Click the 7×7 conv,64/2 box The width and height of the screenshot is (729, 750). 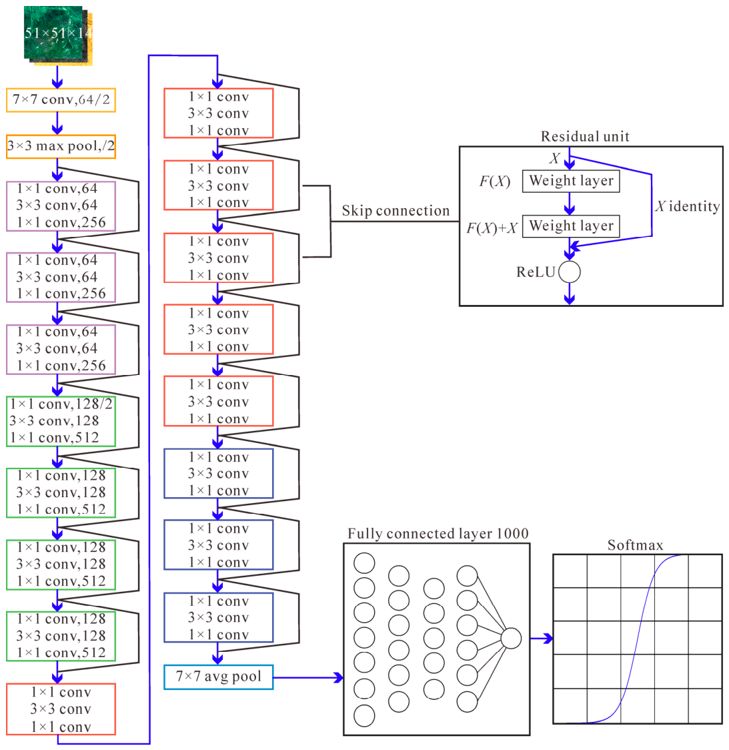click(x=61, y=100)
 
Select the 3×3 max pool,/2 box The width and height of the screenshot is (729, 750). click(x=61, y=146)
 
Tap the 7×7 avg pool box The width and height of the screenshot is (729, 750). click(x=219, y=677)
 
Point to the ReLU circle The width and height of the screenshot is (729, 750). click(x=570, y=272)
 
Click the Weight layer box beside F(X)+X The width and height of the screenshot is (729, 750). click(x=571, y=226)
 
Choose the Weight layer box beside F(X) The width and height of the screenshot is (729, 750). click(x=571, y=181)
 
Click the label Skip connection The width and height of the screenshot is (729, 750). click(x=396, y=210)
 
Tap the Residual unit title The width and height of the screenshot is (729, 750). click(x=585, y=136)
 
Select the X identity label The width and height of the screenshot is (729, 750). click(x=688, y=206)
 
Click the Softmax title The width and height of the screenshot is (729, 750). click(x=636, y=544)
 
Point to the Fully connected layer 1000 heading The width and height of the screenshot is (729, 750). click(x=438, y=533)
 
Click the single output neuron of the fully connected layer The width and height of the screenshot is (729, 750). click(x=511, y=638)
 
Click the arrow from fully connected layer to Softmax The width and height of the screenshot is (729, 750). click(x=542, y=638)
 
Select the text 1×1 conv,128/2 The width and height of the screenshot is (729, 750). click(x=61, y=404)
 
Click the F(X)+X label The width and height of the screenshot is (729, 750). click(x=492, y=228)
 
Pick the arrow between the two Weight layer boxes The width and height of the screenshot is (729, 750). click(x=570, y=204)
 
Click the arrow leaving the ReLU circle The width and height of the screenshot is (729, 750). click(x=570, y=294)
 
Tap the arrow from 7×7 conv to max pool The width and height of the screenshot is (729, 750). click(x=57, y=123)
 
